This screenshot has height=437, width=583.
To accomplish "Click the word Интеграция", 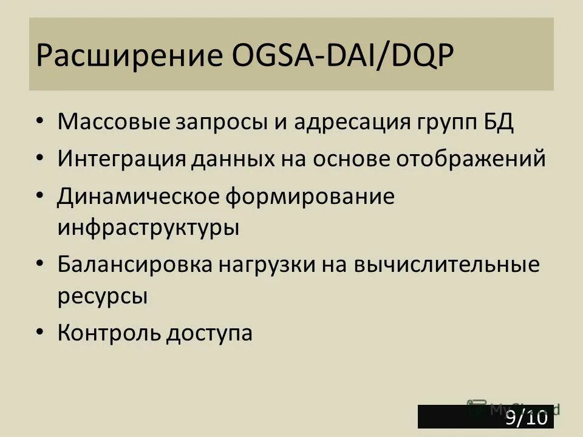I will point(121,160).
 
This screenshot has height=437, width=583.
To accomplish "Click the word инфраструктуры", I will point(149,229).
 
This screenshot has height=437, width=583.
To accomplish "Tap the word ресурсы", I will point(103,297).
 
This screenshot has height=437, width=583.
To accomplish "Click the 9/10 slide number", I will point(527,418).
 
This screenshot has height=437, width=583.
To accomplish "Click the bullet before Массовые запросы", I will point(39,121).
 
